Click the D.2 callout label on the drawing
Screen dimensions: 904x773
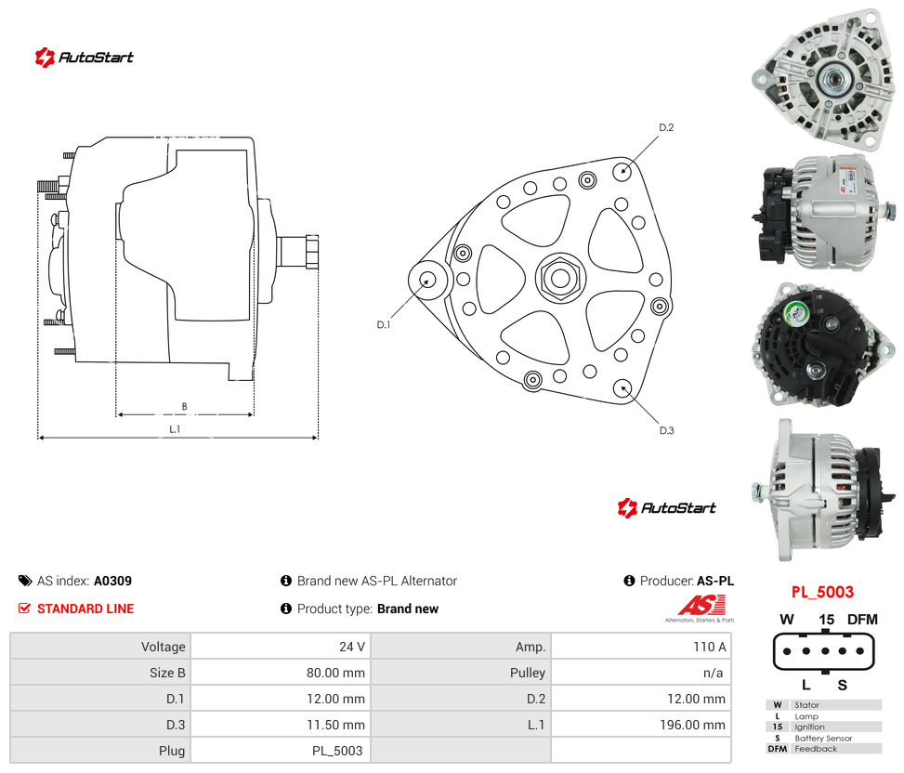click(666, 127)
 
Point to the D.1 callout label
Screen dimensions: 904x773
click(384, 324)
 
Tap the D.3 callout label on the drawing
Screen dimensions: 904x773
click(666, 430)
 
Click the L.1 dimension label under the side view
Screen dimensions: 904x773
click(175, 429)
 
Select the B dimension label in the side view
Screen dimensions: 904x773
click(185, 406)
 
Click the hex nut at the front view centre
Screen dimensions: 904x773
click(560, 278)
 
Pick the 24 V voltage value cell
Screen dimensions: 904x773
click(352, 647)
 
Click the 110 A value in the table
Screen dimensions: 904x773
click(709, 647)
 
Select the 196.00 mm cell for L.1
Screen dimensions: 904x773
click(692, 725)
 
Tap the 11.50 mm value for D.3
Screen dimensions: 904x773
click(335, 725)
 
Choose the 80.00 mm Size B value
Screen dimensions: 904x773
click(335, 673)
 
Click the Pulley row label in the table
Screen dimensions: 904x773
click(528, 673)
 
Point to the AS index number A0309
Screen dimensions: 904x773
click(113, 581)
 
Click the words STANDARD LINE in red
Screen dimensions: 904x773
click(85, 609)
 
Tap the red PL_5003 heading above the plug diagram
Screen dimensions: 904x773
click(823, 592)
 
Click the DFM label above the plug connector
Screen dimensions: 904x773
click(862, 620)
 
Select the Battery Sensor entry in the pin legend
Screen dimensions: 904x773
click(823, 738)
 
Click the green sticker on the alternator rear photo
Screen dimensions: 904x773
click(795, 313)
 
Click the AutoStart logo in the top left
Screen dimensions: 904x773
click(85, 57)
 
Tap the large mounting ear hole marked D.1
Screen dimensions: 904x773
click(427, 281)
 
